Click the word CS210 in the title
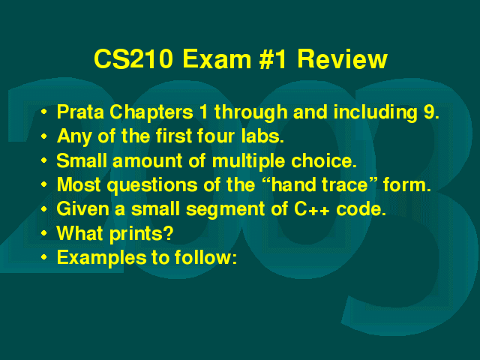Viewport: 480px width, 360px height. tap(133, 58)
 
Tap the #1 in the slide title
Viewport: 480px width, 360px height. tap(273, 58)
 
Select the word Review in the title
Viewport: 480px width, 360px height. tap(343, 58)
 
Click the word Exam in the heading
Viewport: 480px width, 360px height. tap(217, 58)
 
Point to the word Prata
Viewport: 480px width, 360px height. tap(80, 112)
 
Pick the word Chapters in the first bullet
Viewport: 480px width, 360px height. tap(151, 112)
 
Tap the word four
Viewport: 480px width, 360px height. tap(216, 136)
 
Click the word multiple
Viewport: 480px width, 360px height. tap(248, 161)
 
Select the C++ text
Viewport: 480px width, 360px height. tap(312, 209)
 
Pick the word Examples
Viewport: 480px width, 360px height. tap(101, 258)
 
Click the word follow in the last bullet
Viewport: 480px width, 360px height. tap(203, 257)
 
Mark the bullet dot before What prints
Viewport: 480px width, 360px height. tap(44, 233)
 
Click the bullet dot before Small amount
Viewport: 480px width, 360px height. tap(44, 160)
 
